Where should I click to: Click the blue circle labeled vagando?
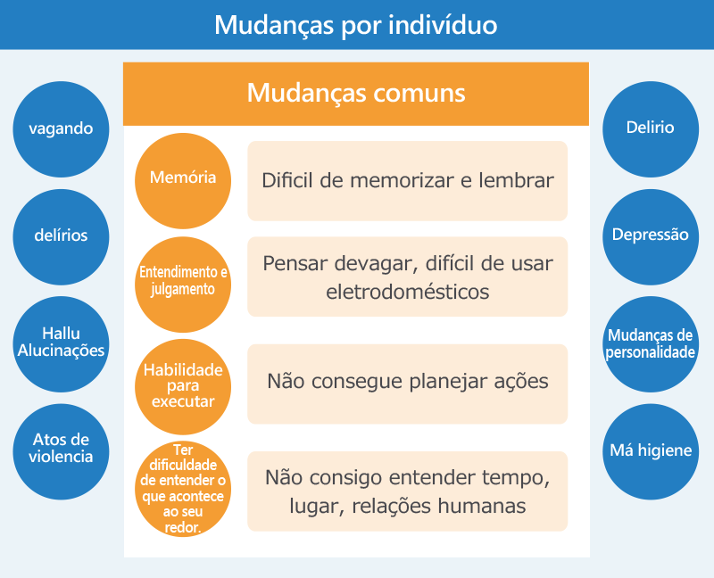click(x=61, y=129)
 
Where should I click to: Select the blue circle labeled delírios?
click(x=61, y=237)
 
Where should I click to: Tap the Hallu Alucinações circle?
click(x=61, y=344)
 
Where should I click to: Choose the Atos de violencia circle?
click(x=61, y=451)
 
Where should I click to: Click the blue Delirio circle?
click(x=651, y=129)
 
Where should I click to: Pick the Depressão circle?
click(x=651, y=237)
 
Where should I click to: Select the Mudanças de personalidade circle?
click(x=651, y=344)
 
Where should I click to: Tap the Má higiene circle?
click(x=651, y=451)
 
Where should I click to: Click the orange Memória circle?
click(x=183, y=181)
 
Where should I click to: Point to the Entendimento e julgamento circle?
click(x=183, y=285)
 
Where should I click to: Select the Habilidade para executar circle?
click(x=183, y=387)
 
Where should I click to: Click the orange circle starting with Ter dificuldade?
click(x=183, y=489)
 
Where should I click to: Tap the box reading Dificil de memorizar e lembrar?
click(x=408, y=181)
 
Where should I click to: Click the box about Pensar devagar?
click(x=408, y=277)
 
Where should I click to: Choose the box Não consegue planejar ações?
click(x=408, y=384)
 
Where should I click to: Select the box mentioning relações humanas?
click(x=408, y=491)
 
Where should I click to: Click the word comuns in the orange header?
click(x=419, y=94)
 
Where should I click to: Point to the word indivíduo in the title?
click(x=443, y=25)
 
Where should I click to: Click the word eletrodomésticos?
click(x=408, y=292)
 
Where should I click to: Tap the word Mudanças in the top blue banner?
click(x=274, y=26)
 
